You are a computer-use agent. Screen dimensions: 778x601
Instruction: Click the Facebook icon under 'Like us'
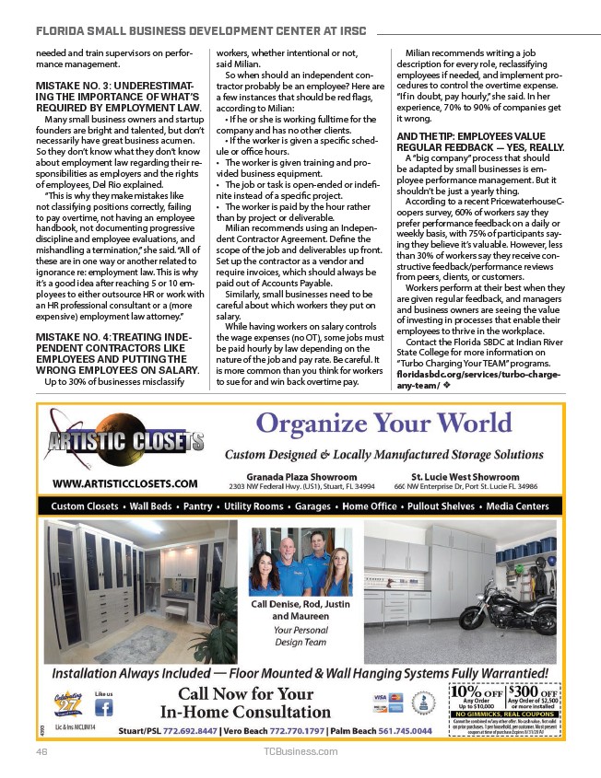104,708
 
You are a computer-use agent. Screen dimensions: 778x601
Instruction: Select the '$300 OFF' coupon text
533,692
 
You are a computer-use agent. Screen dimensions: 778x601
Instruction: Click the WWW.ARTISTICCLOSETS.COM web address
124,482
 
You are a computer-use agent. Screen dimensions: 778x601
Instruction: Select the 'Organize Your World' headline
384,425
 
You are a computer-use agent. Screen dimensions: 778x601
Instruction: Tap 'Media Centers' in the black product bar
517,506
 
